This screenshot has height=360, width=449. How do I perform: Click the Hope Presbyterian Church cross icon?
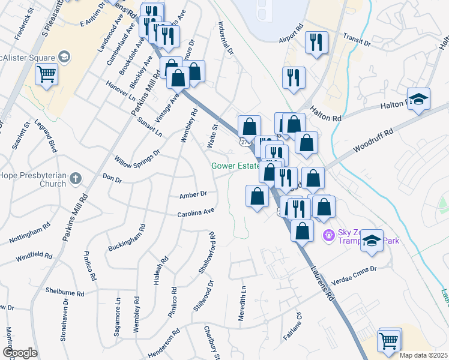(x=75, y=178)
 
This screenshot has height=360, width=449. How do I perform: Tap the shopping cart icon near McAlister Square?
(x=46, y=75)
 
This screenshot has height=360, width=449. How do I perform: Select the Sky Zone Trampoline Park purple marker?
(x=328, y=233)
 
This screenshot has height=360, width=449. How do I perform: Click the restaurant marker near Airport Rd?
(x=316, y=43)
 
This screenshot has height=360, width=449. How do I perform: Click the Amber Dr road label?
(x=193, y=194)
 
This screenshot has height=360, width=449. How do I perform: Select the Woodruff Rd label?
(x=372, y=139)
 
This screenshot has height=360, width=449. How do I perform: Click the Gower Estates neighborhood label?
(x=235, y=166)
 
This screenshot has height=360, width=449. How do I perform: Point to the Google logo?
(x=20, y=353)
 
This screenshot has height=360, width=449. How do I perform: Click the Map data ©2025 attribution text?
(x=424, y=355)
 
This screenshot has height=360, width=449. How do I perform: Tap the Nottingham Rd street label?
(x=29, y=235)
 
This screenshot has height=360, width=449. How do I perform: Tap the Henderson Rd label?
(x=163, y=343)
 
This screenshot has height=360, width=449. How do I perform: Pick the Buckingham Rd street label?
(x=127, y=239)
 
